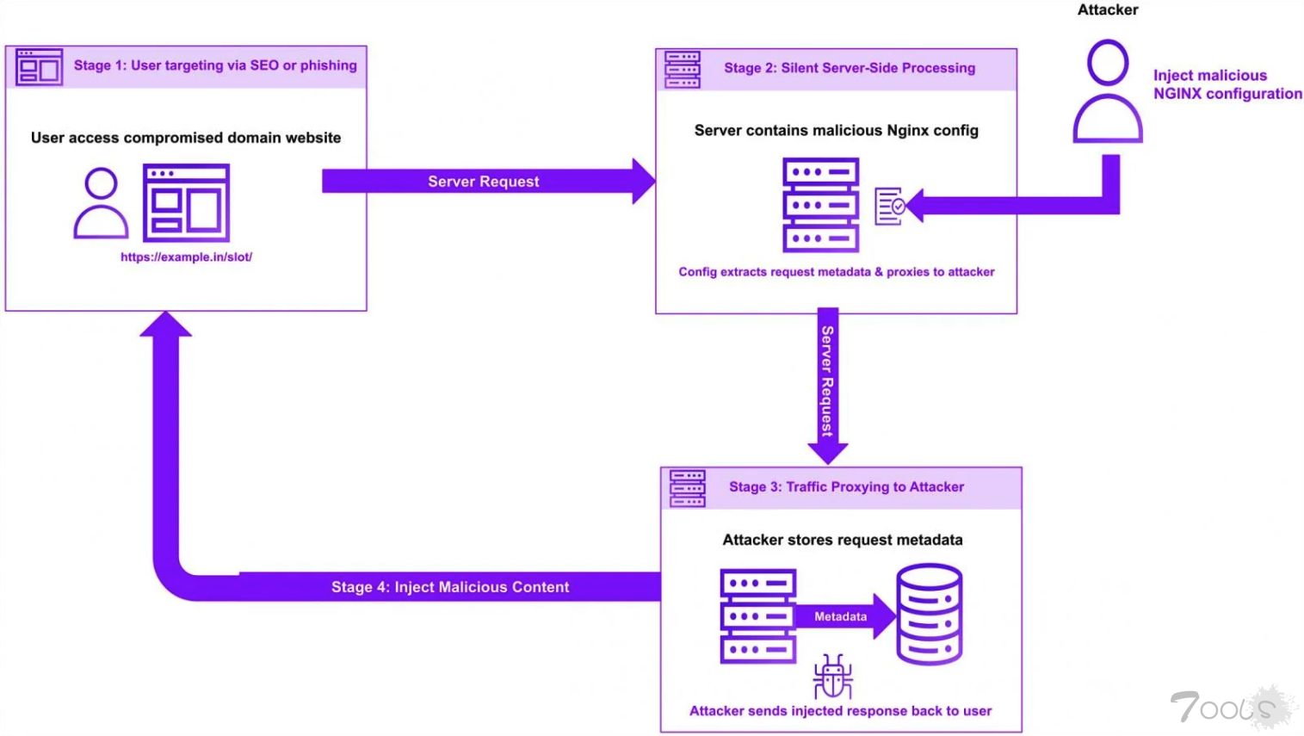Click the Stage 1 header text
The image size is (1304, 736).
(x=214, y=65)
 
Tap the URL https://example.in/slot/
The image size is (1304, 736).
(x=186, y=257)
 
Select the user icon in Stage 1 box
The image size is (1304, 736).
(x=101, y=204)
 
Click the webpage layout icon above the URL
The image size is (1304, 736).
(x=186, y=203)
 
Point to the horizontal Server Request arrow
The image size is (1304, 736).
(x=484, y=182)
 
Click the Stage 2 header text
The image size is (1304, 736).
(x=849, y=68)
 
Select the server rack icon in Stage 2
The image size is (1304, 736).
(x=820, y=205)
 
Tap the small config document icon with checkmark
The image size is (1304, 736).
(x=889, y=207)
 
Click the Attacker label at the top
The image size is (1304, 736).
(x=1107, y=10)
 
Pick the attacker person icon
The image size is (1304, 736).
(x=1107, y=92)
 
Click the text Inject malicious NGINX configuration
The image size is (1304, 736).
(x=1226, y=84)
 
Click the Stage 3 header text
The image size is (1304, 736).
(x=845, y=487)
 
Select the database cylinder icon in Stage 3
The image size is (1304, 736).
(x=929, y=614)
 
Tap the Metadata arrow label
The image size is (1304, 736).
(x=840, y=616)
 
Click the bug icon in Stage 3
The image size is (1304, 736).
(x=832, y=676)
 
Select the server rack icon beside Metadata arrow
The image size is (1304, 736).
(x=757, y=616)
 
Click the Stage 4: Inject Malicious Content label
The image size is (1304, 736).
(x=449, y=587)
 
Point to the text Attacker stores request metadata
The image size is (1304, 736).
(x=842, y=540)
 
